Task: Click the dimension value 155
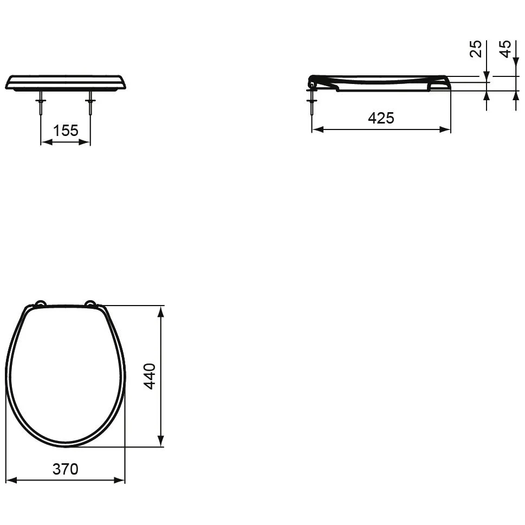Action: pos(66,131)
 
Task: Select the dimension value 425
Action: pos(381,118)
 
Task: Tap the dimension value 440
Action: pos(150,375)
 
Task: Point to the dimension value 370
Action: pos(65,469)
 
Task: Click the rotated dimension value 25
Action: pos(475,48)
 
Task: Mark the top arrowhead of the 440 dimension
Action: pos(161,311)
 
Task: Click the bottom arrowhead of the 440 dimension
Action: pos(161,442)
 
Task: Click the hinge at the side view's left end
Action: pos(312,82)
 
